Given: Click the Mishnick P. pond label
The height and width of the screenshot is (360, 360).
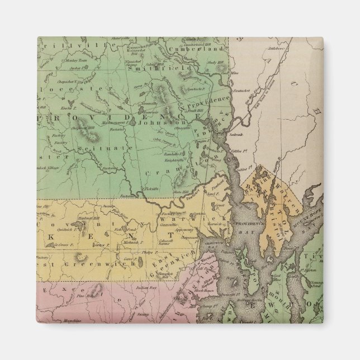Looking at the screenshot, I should [x=130, y=241].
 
